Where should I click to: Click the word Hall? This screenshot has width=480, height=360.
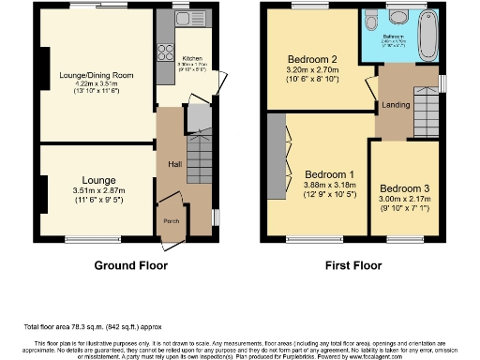[x=174, y=164]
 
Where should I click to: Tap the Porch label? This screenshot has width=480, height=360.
[x=172, y=220]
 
